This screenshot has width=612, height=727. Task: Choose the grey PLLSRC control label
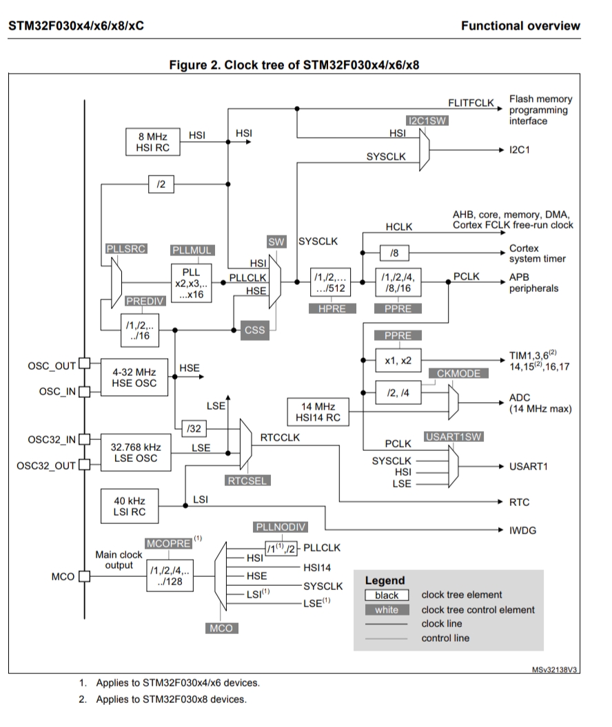126,249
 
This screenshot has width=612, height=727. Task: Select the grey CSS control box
255,330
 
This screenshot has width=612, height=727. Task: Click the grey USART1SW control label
451,436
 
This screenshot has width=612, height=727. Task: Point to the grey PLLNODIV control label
280,527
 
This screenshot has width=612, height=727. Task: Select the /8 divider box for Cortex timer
394,253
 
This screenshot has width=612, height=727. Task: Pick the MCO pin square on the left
84,577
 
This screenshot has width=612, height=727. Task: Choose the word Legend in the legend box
385,580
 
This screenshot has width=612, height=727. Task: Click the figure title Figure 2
294,65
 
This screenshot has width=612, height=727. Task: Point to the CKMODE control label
458,372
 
